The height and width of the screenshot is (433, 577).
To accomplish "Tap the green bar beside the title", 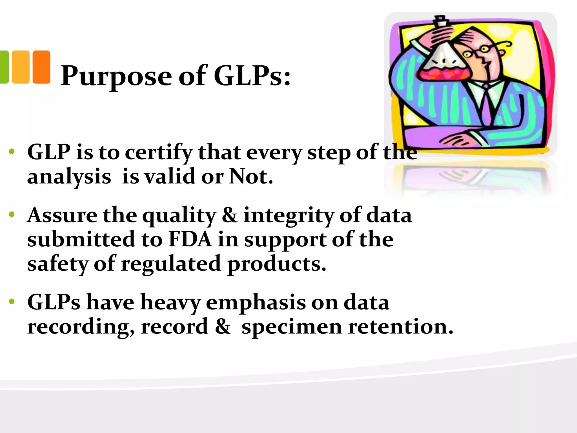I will click(4, 67).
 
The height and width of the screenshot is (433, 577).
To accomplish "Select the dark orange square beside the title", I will click(41, 67).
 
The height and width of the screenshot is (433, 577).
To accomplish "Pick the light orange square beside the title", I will click(21, 67).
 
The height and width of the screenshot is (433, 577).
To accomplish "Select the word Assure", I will click(62, 215).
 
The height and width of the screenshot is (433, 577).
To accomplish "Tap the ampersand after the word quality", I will click(230, 215).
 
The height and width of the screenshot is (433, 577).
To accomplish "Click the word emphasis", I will click(256, 303).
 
